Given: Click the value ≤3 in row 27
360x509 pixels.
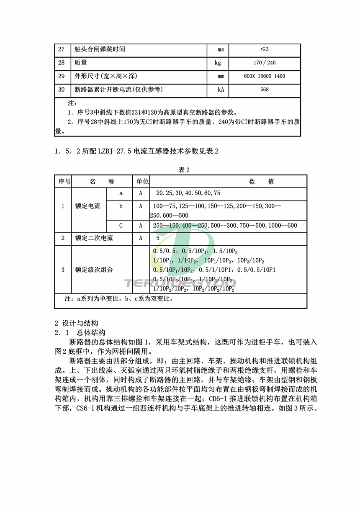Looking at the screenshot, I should coord(265,50).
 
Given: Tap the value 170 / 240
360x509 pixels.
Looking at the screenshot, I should coord(265,63).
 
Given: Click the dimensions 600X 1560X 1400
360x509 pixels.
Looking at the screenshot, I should coord(264,77).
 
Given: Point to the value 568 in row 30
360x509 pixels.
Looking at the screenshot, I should coord(264,90).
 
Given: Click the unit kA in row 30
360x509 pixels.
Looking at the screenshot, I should coord(221,90).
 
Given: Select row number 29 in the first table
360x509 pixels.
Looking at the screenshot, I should coord(62,76).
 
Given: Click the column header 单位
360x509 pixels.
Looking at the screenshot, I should coord(141,182).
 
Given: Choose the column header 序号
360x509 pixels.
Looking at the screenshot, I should coord(64,182).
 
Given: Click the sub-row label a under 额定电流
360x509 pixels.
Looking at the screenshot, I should coord(121,193).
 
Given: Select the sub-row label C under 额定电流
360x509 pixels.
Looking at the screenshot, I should coord(121,226).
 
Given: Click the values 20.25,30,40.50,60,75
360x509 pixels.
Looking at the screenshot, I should coord(188,193).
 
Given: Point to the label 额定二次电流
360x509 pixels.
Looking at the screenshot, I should coord(94,238).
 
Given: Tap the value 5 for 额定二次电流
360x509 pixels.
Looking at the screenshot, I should coord(158,238).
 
